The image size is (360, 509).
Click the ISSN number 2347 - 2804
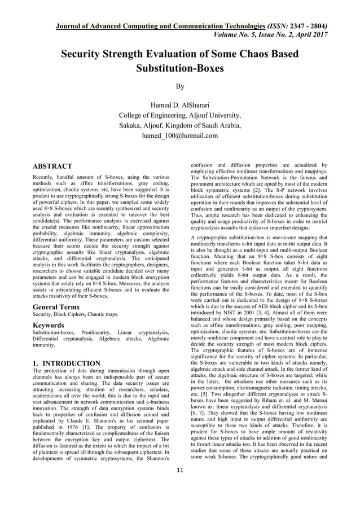328,26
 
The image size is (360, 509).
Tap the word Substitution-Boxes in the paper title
179,69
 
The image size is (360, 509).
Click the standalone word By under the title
179,87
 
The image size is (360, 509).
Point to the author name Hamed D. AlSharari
179,106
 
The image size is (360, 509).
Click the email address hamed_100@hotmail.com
179,135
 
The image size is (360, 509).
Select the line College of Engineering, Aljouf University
179,116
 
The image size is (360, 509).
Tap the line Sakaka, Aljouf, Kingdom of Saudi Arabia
179,125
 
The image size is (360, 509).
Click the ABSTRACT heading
52,166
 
